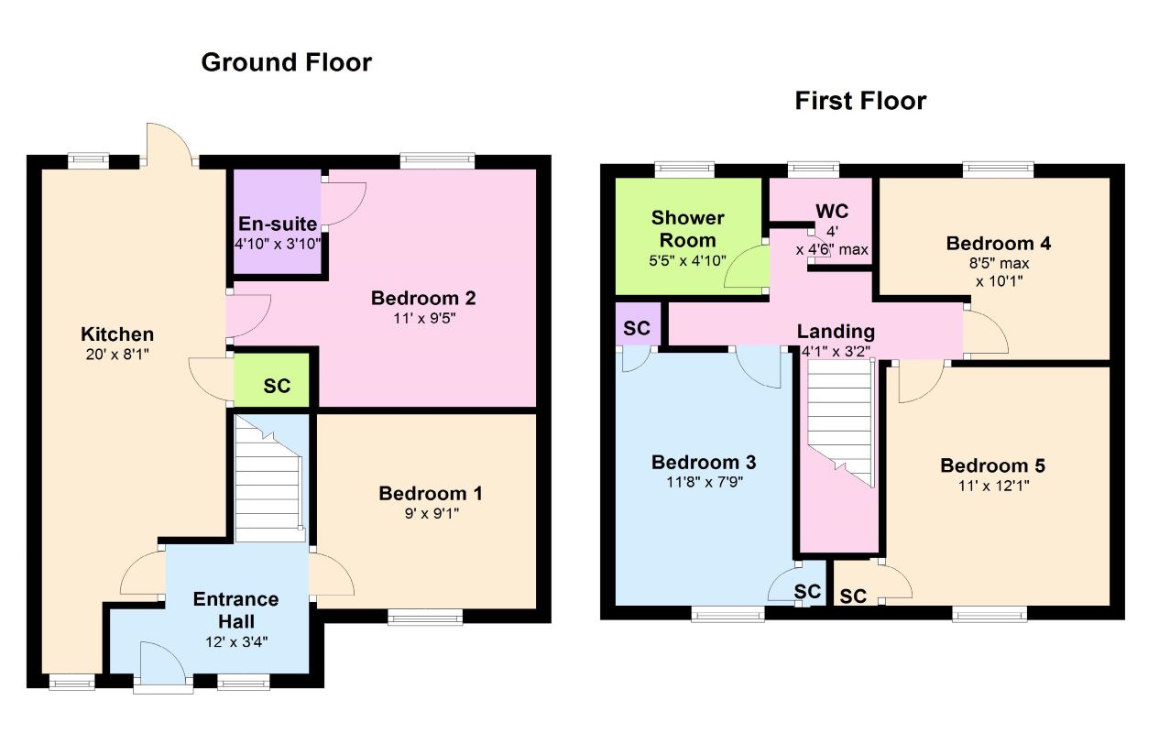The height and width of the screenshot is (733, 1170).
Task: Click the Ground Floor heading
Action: coord(286,62)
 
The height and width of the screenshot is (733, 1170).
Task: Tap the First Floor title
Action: coord(860,101)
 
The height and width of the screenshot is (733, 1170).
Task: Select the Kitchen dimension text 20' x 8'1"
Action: coord(117,355)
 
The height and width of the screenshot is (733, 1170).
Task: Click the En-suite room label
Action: coord(278,224)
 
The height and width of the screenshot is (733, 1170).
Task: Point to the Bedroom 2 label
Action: coord(423,299)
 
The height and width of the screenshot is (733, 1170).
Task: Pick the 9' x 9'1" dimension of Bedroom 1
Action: coord(432,514)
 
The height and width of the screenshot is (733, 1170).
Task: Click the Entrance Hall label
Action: coord(236,610)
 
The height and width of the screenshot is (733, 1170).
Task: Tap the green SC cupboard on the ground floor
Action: coord(271,380)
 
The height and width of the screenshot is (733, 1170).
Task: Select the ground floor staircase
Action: coord(269,478)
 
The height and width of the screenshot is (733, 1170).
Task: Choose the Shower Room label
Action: coord(687,229)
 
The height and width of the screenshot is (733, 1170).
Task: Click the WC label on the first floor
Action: coord(832,212)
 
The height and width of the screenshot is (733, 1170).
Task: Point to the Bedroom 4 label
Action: coord(998,244)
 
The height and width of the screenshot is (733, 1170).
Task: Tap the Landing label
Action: coord(836,332)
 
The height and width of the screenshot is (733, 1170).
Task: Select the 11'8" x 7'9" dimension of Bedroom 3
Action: coord(705,482)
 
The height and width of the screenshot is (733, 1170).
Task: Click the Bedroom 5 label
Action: coord(993,465)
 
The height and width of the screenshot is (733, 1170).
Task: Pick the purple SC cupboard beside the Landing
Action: coord(638,324)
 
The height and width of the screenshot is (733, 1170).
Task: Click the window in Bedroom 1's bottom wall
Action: coord(425,617)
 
